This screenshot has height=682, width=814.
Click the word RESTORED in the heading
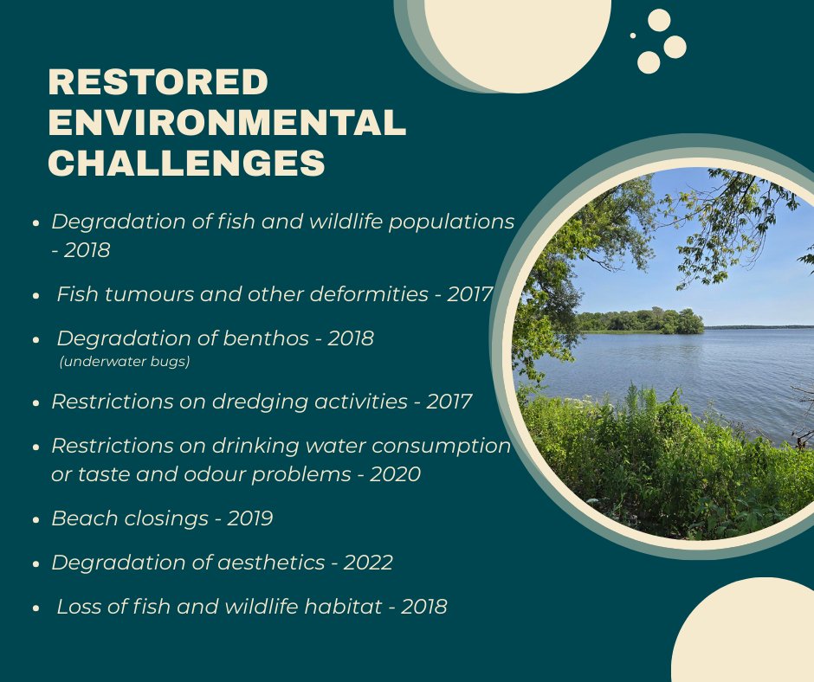click(x=158, y=82)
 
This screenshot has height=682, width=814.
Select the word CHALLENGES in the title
click(x=186, y=163)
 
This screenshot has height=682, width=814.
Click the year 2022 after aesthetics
click(x=368, y=563)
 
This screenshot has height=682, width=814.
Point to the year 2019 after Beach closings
click(x=249, y=518)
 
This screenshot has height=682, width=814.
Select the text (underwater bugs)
click(x=124, y=362)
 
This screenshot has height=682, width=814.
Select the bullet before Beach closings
click(x=36, y=520)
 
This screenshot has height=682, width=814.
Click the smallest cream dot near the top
click(x=633, y=35)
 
